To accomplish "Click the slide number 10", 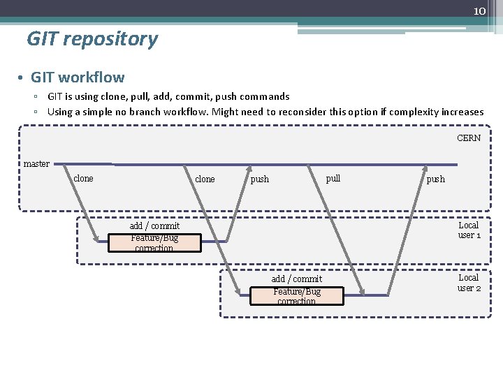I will (x=479, y=11).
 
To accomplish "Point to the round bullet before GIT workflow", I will (x=22, y=77).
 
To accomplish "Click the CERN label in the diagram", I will (x=469, y=138).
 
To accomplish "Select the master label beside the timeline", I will (x=36, y=164).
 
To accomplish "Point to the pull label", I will (x=333, y=178).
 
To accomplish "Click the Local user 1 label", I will (x=469, y=230).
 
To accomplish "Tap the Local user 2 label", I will (x=469, y=283).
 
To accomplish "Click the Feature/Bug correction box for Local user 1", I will (x=154, y=243).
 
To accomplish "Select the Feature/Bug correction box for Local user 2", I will (x=297, y=296).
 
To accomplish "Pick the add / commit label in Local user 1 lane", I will (x=154, y=226).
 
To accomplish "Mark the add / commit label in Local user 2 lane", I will (x=297, y=279).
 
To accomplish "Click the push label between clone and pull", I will (x=259, y=179).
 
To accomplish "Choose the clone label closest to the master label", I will (x=83, y=179).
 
